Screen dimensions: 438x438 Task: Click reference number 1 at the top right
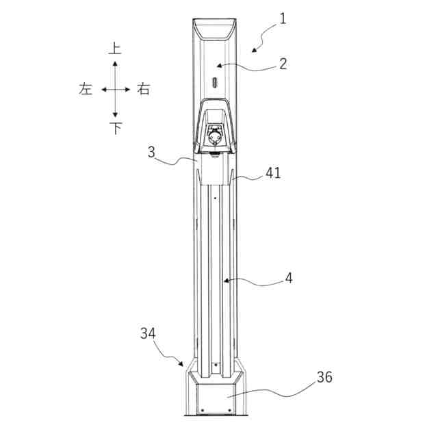pyautogui.click(x=283, y=19)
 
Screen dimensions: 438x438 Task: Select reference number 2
pyautogui.click(x=283, y=64)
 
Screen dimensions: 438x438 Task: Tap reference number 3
pyautogui.click(x=151, y=152)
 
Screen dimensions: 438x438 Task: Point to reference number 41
pyautogui.click(x=273, y=173)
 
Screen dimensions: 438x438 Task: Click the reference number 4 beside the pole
pyautogui.click(x=289, y=279)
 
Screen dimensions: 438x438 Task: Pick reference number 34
pyautogui.click(x=148, y=333)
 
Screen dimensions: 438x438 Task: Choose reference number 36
pyautogui.click(x=324, y=377)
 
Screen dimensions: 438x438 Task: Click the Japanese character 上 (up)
pyautogui.click(x=115, y=48)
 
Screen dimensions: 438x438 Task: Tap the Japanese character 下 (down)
pyautogui.click(x=116, y=129)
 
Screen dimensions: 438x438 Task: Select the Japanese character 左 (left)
pyautogui.click(x=86, y=89)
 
